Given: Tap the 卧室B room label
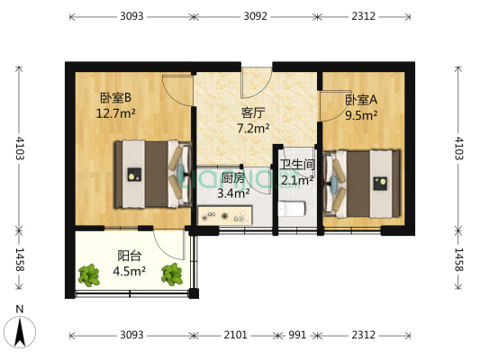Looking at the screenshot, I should (x=115, y=98).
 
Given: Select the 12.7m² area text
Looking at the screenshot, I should (x=115, y=113).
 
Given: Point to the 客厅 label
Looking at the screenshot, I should (x=253, y=112).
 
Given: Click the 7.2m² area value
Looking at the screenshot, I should (x=253, y=128).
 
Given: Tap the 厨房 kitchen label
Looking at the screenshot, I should (x=233, y=177).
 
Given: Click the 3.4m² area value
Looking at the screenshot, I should (x=233, y=193).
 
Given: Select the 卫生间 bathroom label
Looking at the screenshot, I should (x=296, y=164).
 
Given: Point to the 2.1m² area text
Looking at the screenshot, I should (x=296, y=179).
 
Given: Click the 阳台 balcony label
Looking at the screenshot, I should (x=129, y=255).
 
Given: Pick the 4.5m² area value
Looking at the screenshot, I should (x=129, y=270).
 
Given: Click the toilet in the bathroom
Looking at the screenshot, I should (x=294, y=209).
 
